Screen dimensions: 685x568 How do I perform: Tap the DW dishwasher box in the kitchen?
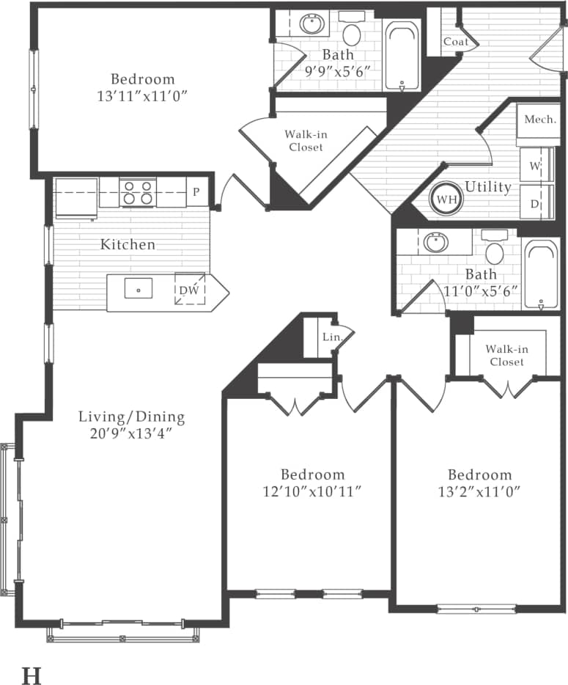[189, 290]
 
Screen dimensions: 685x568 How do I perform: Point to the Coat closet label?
[455, 42]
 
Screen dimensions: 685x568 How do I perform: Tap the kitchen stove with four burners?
[137, 192]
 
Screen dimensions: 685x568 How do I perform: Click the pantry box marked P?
[196, 193]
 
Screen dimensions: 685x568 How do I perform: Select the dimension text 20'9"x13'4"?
[132, 433]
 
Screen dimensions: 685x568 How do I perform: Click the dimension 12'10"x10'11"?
[311, 491]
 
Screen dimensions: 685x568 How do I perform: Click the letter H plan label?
[31, 675]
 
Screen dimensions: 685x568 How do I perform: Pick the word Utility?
[487, 187]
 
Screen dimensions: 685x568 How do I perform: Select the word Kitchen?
[128, 244]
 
